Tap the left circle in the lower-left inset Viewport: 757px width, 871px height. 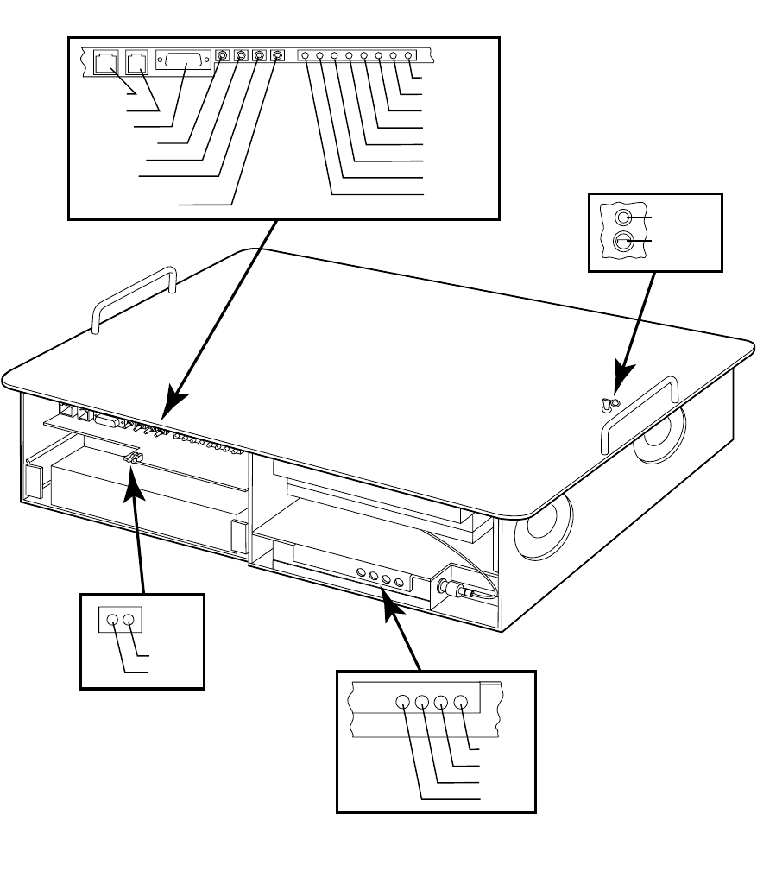(x=112, y=619)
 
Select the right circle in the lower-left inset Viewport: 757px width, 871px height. (x=129, y=619)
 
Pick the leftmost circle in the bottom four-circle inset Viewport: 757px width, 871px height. (x=403, y=703)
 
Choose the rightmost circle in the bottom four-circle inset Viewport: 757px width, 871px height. (x=461, y=703)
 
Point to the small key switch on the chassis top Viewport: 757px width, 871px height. (x=609, y=402)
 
